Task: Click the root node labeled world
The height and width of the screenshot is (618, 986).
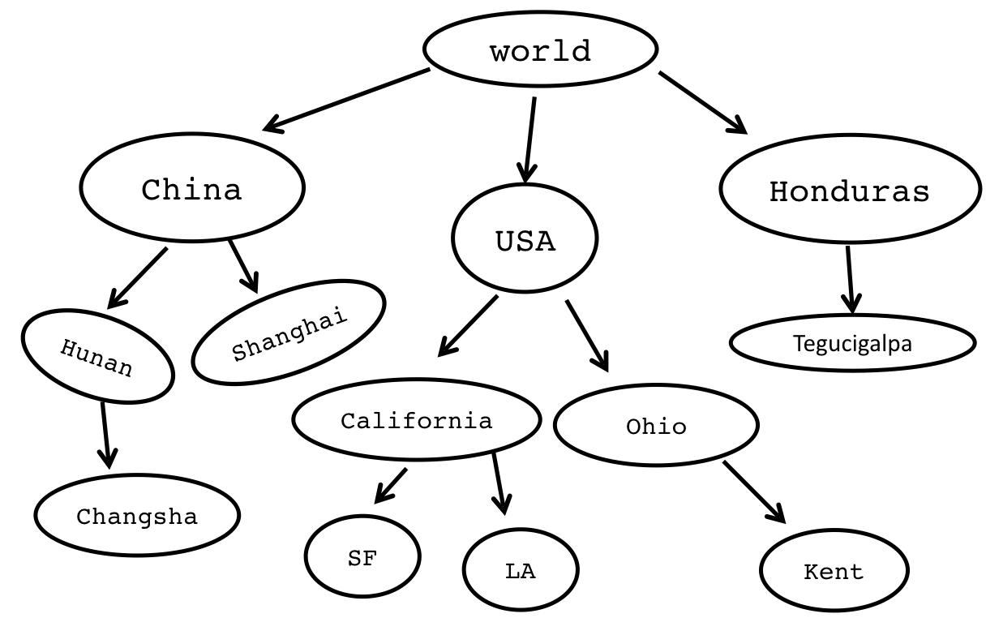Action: point(540,50)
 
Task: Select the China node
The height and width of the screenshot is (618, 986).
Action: point(192,188)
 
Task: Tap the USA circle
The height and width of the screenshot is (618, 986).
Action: point(525,240)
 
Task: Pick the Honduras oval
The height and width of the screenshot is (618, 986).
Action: point(848,191)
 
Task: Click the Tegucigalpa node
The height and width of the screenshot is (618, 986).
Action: point(852,343)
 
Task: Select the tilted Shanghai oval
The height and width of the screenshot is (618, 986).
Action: point(289,333)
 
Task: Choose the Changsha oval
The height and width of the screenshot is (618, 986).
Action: point(137,516)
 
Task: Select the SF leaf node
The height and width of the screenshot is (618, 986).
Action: point(362,558)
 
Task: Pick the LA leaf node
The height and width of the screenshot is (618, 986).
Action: point(520,570)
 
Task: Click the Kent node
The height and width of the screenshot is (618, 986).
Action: point(833,572)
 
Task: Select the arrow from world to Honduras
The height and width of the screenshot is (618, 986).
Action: point(702,102)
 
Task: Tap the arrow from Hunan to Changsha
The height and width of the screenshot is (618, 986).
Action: point(105,435)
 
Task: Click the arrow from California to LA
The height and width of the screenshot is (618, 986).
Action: point(499,483)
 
